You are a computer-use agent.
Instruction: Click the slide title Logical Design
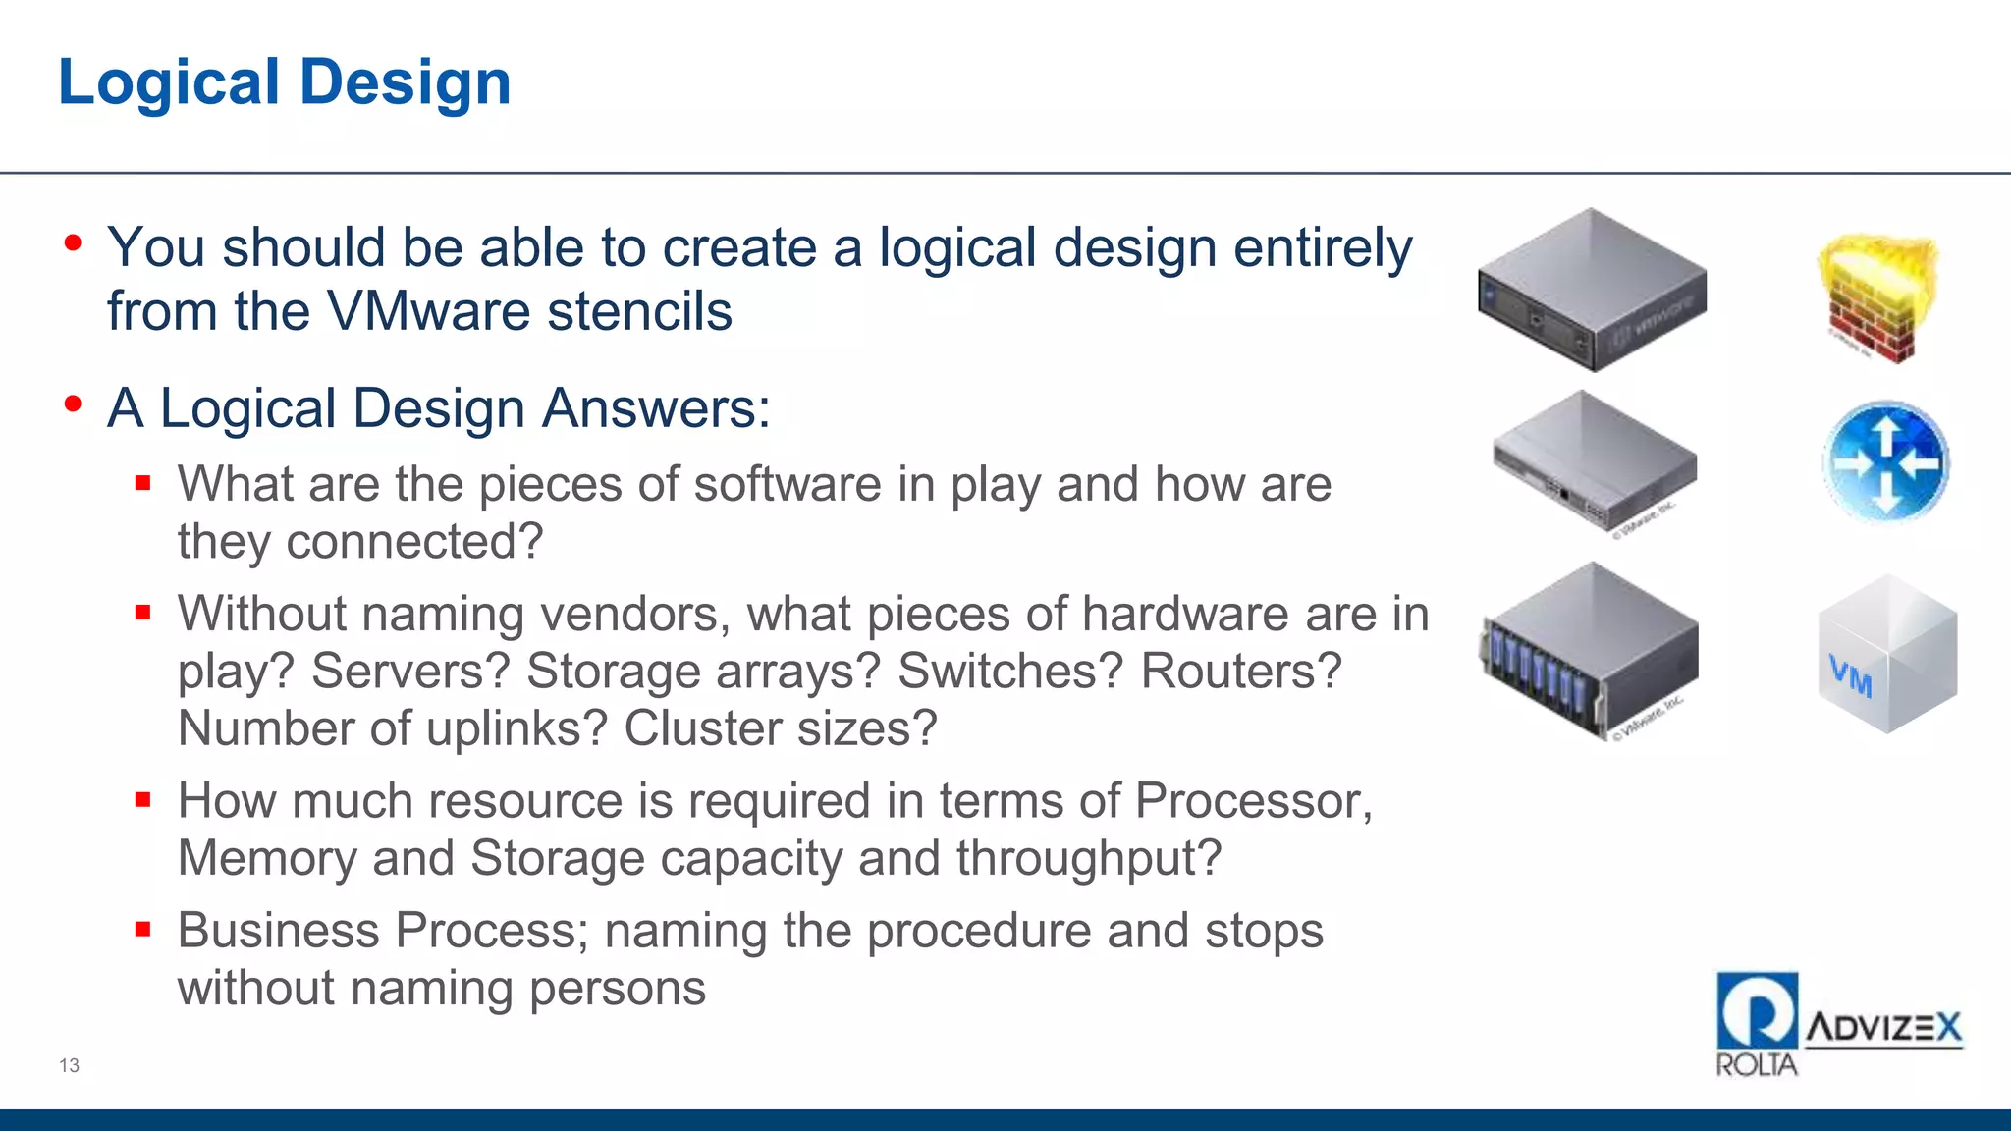pyautogui.click(x=285, y=82)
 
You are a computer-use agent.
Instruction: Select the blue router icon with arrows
pyautogui.click(x=1885, y=461)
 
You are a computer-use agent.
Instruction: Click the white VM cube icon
pyautogui.click(x=1886, y=655)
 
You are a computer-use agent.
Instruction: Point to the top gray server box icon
pyautogui.click(x=1592, y=291)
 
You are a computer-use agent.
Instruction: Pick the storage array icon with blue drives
pyautogui.click(x=1590, y=650)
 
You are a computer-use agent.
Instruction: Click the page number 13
pyautogui.click(x=69, y=1065)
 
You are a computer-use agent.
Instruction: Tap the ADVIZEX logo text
pyautogui.click(x=1883, y=1028)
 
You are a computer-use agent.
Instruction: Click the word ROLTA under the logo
pyautogui.click(x=1756, y=1065)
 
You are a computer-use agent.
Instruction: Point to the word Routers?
pyautogui.click(x=1240, y=672)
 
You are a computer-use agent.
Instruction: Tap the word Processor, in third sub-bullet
pyautogui.click(x=1253, y=801)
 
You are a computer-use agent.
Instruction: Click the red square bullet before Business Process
pyautogui.click(x=143, y=929)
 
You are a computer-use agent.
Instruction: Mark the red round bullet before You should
pyautogui.click(x=73, y=242)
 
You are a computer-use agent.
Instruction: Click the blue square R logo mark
pyautogui.click(x=1757, y=1010)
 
